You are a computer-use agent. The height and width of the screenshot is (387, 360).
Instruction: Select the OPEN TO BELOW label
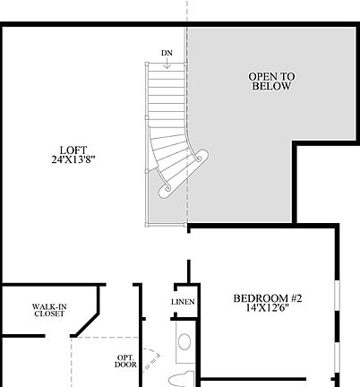pos(271,82)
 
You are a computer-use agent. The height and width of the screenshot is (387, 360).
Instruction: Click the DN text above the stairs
pos(167,53)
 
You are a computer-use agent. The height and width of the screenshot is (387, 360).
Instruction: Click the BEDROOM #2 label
pos(267,298)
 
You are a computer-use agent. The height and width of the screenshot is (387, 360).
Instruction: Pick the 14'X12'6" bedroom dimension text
pos(267,309)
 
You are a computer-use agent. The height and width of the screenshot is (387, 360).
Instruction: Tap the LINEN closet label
pos(183,303)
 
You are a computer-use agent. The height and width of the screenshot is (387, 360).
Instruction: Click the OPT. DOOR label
pos(126,361)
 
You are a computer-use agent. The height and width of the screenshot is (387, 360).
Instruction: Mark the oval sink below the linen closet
pos(184,341)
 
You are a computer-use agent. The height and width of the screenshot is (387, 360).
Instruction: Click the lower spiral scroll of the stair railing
pos(166,190)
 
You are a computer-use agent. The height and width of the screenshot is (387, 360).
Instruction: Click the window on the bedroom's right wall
pos(338,327)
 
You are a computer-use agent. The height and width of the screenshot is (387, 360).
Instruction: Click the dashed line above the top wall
pos(186,11)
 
